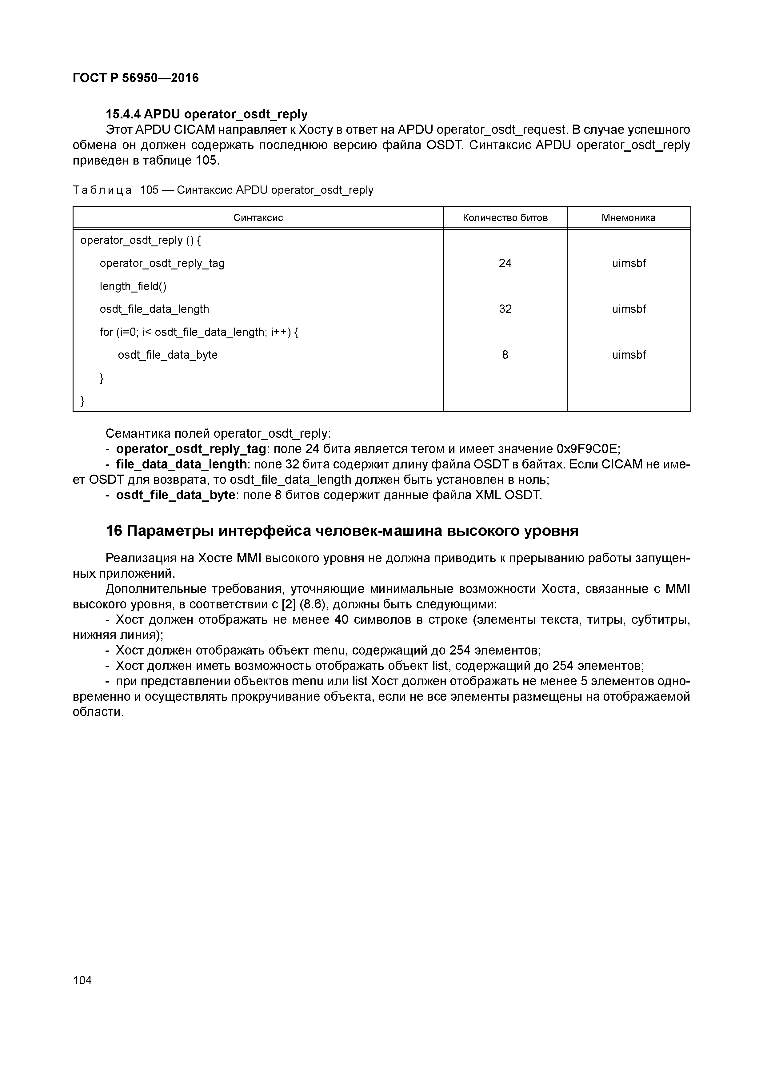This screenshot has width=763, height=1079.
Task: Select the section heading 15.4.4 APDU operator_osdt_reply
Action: [206, 114]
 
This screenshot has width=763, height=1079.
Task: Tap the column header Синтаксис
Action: [258, 217]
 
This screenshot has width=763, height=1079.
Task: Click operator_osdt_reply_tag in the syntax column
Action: [162, 263]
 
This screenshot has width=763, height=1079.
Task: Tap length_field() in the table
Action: [133, 286]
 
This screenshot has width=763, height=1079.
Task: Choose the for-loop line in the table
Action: [198, 332]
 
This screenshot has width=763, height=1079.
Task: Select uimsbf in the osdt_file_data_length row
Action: [629, 309]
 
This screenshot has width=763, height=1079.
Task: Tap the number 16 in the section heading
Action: [114, 531]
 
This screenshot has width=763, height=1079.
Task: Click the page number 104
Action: [82, 980]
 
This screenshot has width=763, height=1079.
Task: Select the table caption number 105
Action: [150, 190]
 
